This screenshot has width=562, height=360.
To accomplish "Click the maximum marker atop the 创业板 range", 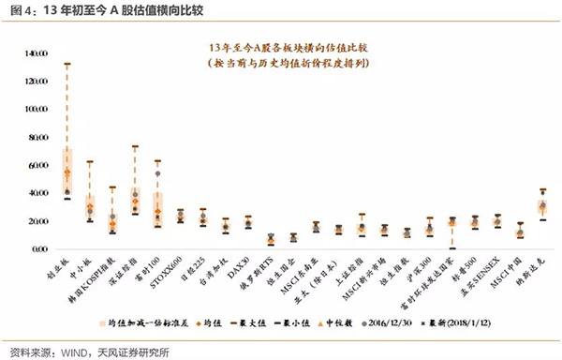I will [67, 64].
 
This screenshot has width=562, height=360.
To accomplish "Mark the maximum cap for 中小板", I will [89, 162].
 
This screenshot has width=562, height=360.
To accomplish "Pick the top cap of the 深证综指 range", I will [135, 146].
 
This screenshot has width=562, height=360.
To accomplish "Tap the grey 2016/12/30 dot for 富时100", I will [157, 174].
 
